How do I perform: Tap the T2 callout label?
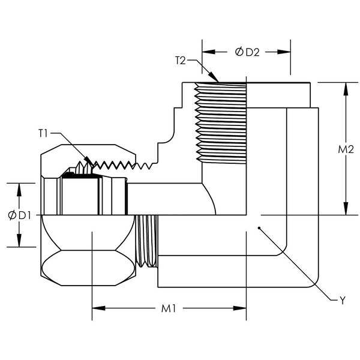point(181,60)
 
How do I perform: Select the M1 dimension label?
point(168,309)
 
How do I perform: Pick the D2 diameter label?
point(251,52)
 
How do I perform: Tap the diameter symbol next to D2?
point(239,52)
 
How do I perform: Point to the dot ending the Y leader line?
point(258,228)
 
